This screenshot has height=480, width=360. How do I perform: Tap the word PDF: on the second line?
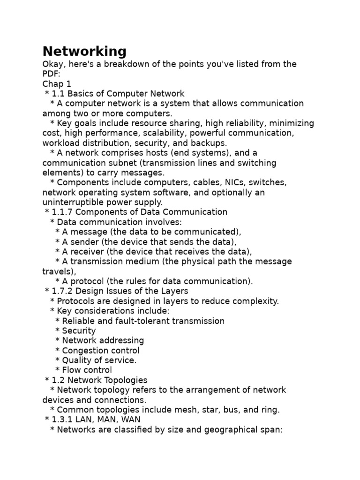tap(51, 74)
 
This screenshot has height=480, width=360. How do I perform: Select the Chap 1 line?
tap(57, 83)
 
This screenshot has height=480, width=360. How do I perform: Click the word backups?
tap(211, 142)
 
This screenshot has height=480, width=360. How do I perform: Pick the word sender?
tap(82, 242)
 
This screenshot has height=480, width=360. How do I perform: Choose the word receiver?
tap(86, 252)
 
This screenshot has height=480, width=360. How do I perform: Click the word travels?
tap(58, 271)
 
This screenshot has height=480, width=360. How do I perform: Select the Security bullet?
tap(79, 330)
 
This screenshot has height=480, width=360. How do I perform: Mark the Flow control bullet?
tap(87, 370)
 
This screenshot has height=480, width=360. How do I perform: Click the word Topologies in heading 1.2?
tap(125, 380)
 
